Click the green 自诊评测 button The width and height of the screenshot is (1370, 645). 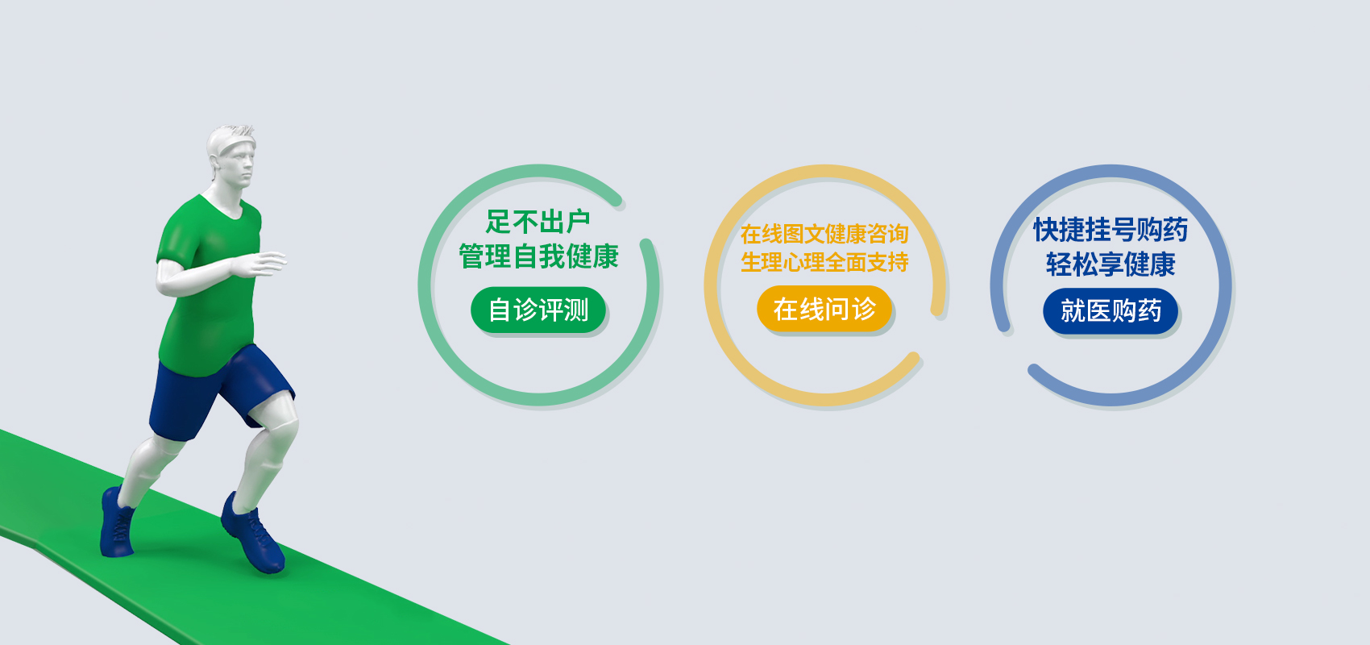tap(538, 310)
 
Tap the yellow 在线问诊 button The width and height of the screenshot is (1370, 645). tap(824, 309)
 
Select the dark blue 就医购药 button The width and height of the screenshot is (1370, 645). tap(1111, 311)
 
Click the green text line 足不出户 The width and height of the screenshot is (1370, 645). tap(538, 222)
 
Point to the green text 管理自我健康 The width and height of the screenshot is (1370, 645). tap(538, 256)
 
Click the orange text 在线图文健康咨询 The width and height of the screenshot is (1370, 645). tap(824, 234)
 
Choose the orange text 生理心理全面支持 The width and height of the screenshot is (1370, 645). tap(824, 263)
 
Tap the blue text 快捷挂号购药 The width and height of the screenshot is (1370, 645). tap(1111, 230)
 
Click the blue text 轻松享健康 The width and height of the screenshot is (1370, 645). tap(1111, 264)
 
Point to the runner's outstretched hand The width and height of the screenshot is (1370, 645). tap(262, 264)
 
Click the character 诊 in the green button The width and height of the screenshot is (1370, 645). tap(525, 310)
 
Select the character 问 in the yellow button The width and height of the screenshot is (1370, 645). tap(837, 309)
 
